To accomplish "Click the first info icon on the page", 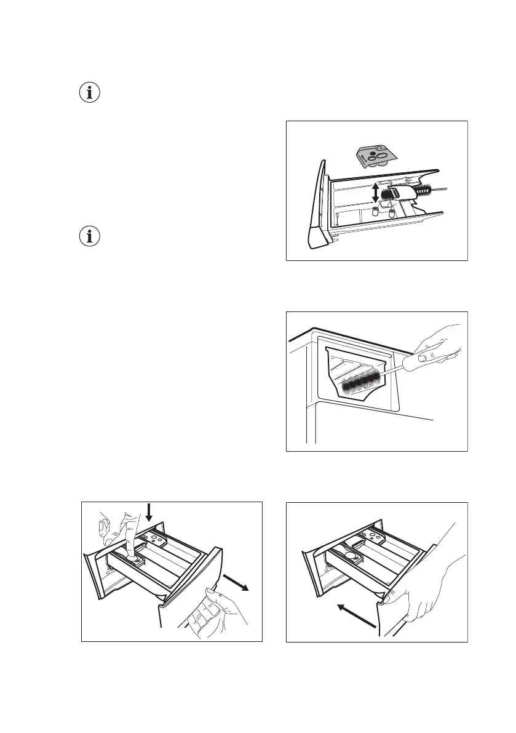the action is pyautogui.click(x=90, y=94).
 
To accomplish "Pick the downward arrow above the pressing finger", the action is pyautogui.click(x=148, y=513).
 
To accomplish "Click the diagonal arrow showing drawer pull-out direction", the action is pyautogui.click(x=237, y=582).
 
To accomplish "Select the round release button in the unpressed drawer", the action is pyautogui.click(x=353, y=555).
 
